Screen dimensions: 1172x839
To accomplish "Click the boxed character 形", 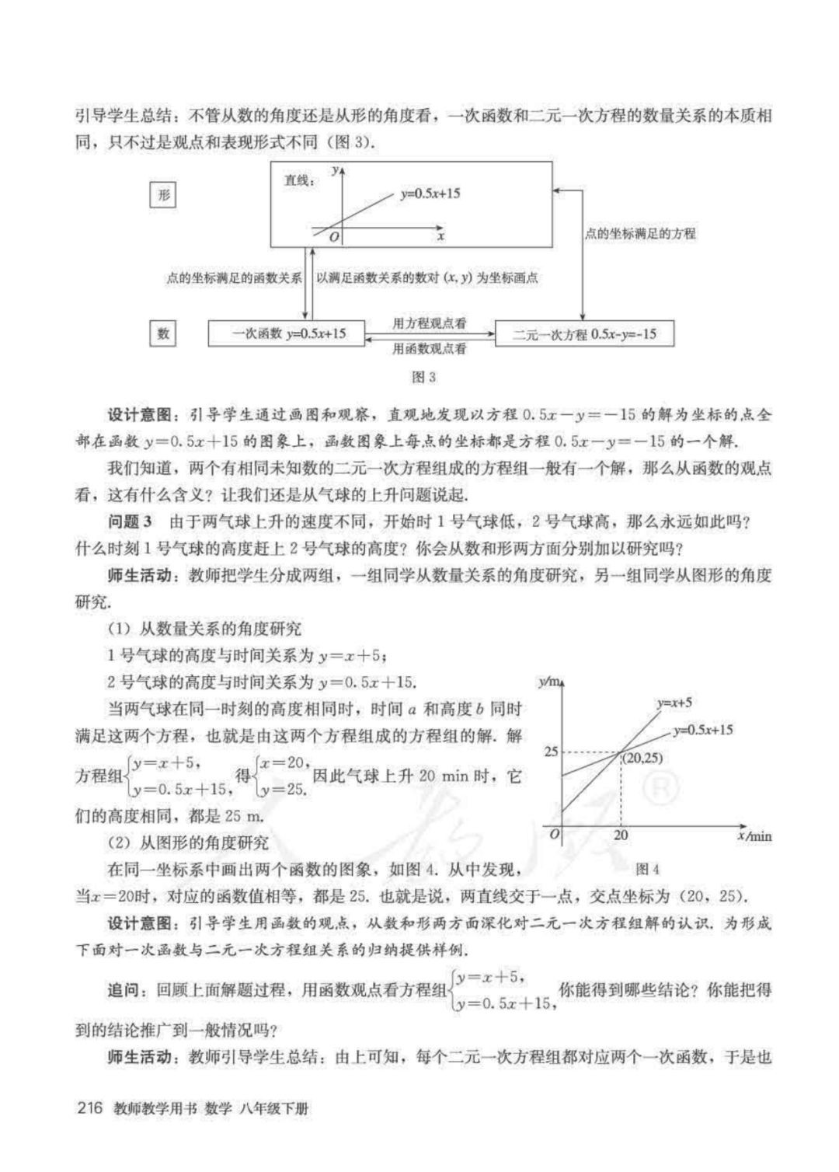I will [163, 194].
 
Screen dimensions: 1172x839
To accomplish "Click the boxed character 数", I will [163, 333].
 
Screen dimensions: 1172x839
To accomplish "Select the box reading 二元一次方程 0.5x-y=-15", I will [584, 335].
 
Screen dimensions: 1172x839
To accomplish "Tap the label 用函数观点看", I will [430, 349].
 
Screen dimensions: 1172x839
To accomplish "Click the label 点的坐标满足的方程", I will [640, 233].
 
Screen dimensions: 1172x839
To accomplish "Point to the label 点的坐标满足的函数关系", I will [234, 278].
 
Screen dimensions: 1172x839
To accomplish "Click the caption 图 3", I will [423, 377].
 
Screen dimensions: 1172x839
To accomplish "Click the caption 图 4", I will [646, 869].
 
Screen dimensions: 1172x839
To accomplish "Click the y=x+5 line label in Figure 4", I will [674, 703].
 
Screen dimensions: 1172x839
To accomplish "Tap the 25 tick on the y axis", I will [552, 752].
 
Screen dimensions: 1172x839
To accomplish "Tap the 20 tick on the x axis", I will [621, 835].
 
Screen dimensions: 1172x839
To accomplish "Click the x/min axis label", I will [753, 836].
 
